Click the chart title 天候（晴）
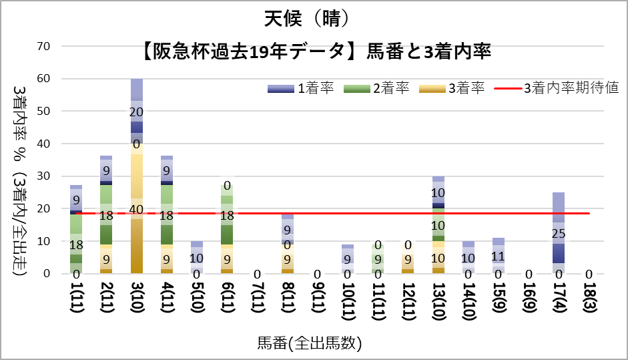tap(314, 19)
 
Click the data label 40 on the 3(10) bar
tap(137, 209)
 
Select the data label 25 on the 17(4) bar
tap(559, 234)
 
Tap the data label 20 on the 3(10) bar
tap(137, 112)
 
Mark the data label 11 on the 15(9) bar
tap(499, 256)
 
